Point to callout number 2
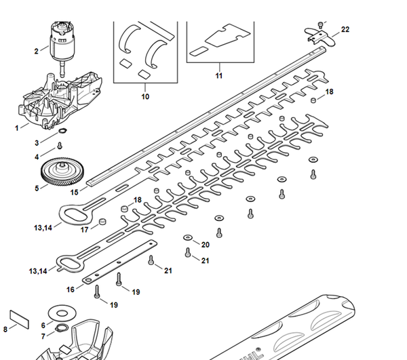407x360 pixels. (x=36, y=51)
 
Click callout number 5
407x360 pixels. (x=37, y=188)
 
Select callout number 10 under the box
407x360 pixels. (x=144, y=97)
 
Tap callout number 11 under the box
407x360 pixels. (x=218, y=75)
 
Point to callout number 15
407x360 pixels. (x=75, y=193)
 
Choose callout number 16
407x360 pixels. (x=71, y=289)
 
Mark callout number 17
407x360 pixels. (x=85, y=230)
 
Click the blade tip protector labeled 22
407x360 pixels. (x=318, y=31)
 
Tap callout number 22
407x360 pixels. (x=345, y=30)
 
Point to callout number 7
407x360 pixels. (x=43, y=336)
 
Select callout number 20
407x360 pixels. (x=206, y=244)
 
